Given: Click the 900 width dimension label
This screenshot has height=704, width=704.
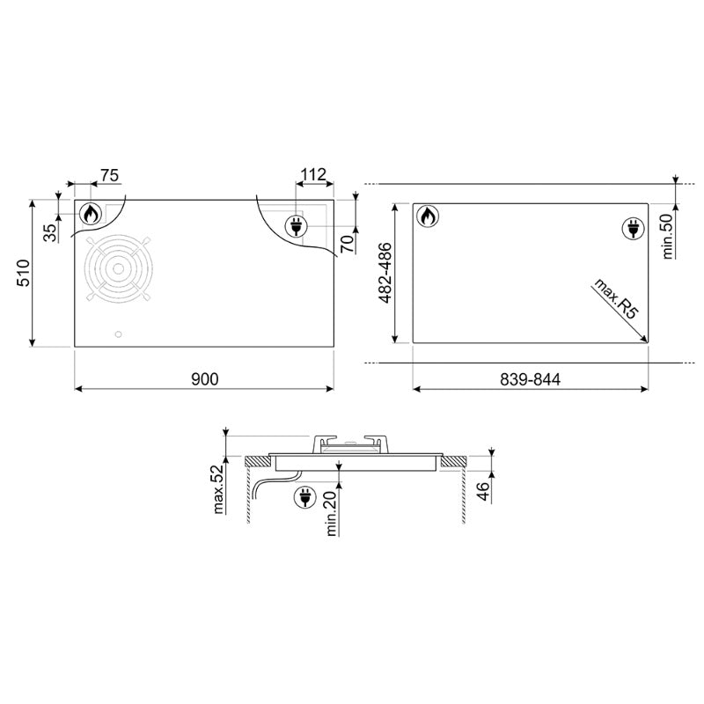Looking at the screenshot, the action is click(205, 379).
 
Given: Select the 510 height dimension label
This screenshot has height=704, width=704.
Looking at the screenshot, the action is click(23, 273).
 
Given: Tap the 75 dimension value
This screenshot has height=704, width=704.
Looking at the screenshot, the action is click(109, 175).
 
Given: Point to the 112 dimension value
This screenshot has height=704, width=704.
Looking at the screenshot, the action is click(313, 174).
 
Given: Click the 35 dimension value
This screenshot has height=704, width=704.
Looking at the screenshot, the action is click(50, 232).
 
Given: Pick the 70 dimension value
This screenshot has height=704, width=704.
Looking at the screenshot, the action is click(347, 244).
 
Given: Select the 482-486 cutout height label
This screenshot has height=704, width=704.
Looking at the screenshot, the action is click(385, 273).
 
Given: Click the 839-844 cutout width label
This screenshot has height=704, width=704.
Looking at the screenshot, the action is click(531, 380).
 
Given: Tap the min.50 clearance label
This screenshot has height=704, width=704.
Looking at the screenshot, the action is click(668, 236).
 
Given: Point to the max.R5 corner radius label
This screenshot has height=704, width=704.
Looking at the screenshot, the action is click(615, 298).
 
